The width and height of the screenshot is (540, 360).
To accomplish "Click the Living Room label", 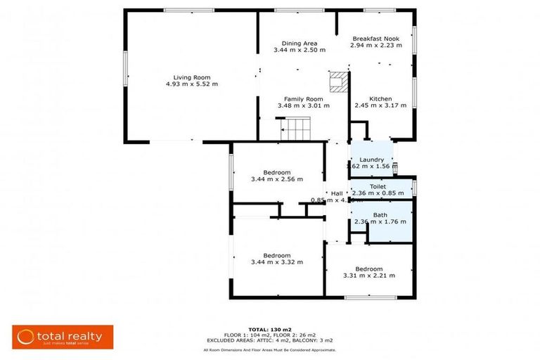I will point(192,77).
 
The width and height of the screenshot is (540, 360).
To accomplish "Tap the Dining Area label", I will point(300,43).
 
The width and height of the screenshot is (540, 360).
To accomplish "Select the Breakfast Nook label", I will point(376,38).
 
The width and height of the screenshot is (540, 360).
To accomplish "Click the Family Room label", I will point(303,99).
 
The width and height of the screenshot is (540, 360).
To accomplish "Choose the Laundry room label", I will point(371,160).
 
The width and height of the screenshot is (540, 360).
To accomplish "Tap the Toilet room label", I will point(378,186).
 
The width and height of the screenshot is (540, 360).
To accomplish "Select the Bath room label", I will point(380,214).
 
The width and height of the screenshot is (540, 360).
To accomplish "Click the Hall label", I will point(337,193).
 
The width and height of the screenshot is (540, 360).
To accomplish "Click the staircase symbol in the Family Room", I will point(296,129).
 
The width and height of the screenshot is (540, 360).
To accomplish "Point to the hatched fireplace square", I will point(339,81).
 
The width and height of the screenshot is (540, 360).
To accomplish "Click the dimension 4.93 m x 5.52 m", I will point(192,84).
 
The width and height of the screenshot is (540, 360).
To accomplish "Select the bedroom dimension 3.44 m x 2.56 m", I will point(276,179).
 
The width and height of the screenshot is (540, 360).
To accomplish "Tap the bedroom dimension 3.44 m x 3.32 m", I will point(276,262).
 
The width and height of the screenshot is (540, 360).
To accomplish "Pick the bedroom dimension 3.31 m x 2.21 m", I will point(368,276).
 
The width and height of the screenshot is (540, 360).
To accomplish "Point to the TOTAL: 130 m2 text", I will point(269,329).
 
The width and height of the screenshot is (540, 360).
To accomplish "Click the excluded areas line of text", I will point(269,340).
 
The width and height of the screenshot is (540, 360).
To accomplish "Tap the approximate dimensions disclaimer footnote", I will point(269,349).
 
